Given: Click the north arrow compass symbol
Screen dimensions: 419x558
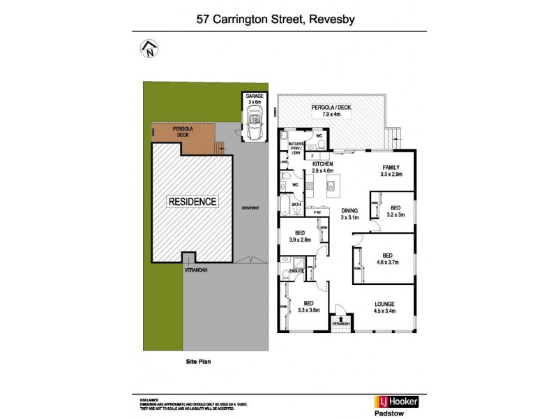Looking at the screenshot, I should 149,50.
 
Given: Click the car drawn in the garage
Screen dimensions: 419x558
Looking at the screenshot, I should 252,126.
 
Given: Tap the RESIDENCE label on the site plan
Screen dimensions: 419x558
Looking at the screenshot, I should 193,202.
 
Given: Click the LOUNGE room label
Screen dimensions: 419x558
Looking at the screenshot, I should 384,304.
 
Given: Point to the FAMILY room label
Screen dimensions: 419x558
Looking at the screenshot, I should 389,166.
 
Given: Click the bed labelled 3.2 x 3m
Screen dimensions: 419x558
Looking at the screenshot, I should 395,208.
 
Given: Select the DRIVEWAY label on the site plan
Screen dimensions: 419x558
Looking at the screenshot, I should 250,208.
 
